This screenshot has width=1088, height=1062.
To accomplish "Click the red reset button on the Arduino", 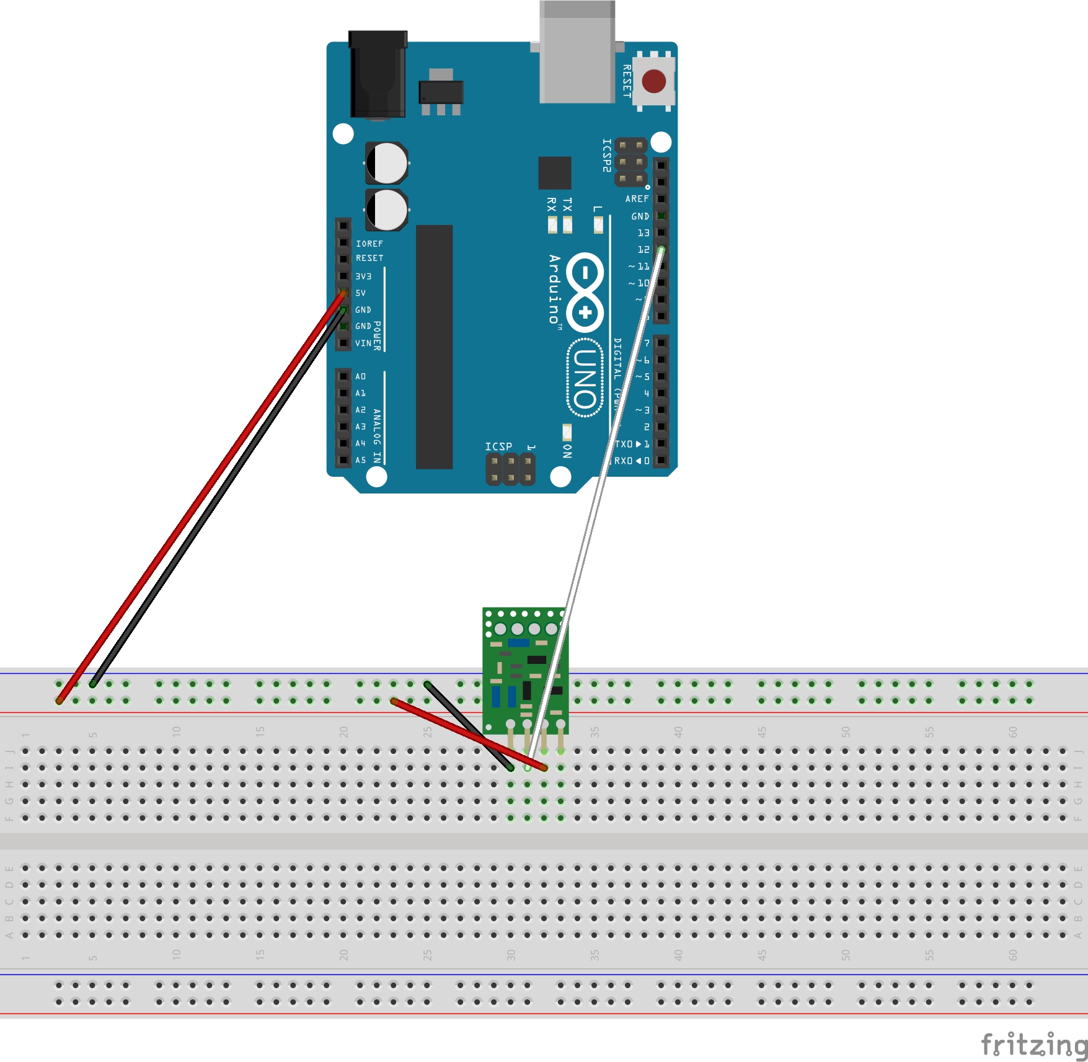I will tap(653, 81).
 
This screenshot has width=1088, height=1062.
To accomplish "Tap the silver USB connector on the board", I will tap(577, 53).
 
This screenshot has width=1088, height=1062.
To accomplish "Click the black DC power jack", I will tap(378, 74).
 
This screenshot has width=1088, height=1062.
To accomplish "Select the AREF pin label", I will tap(637, 199).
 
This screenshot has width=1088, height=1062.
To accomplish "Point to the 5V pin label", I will tap(361, 293).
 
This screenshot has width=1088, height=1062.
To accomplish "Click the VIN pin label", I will tap(363, 343).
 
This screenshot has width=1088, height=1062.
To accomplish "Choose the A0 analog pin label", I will tap(361, 377).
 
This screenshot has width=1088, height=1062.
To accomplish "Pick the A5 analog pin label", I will tap(361, 461).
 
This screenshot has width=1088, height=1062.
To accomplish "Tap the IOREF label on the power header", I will tap(369, 244).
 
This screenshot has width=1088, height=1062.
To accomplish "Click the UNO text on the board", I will tap(585, 378).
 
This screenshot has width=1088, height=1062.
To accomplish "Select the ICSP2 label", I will tap(607, 155).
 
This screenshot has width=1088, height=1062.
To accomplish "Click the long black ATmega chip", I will tap(434, 347).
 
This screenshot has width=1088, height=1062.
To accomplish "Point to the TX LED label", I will tap(567, 205).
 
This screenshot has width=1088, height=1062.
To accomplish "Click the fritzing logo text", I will tap(1033, 1045).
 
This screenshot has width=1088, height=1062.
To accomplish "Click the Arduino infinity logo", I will tap(585, 292).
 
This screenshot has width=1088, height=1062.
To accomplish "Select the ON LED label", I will tap(567, 451).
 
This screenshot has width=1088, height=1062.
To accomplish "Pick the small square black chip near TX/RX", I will tap(554, 173).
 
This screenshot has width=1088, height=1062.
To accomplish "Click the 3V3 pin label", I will tap(363, 277).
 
